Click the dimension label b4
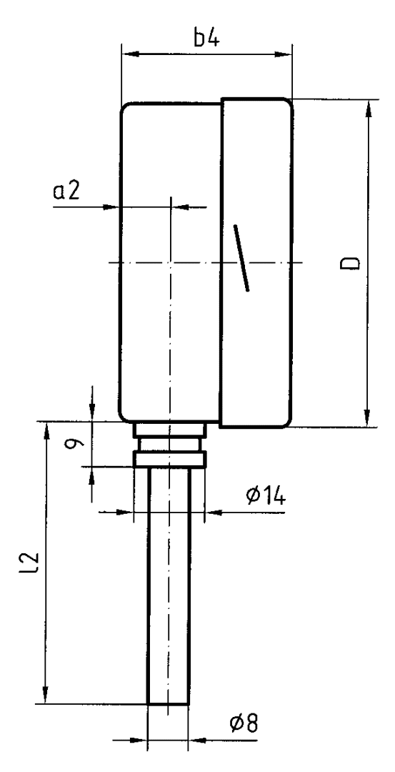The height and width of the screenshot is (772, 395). (x=206, y=38)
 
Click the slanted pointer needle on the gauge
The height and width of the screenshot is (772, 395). (x=241, y=258)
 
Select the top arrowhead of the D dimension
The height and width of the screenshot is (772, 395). (x=368, y=108)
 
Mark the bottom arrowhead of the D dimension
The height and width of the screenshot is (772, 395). (x=368, y=420)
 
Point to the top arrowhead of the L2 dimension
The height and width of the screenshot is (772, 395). (x=46, y=430)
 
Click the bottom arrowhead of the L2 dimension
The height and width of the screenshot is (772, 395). (x=46, y=696)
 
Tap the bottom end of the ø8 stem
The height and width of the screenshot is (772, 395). (x=168, y=703)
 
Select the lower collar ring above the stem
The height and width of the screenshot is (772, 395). (x=169, y=459)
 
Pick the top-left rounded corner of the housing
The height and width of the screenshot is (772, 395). (x=127, y=109)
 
